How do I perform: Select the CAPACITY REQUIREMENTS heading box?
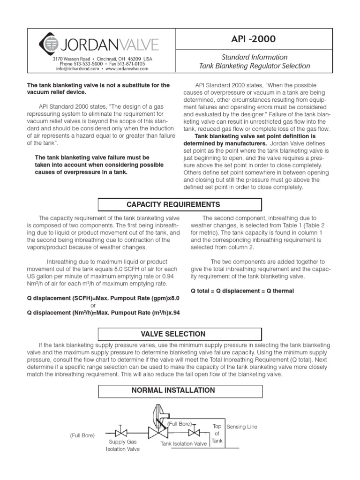[180, 205]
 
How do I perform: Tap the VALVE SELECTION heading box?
[180, 334]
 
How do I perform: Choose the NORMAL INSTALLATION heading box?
[180, 390]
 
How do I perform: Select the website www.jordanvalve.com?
[127, 68]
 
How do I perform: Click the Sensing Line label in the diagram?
[242, 427]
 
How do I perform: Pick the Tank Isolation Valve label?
[184, 443]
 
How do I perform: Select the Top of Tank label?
[217, 434]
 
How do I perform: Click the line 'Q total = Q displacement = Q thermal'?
[243, 291]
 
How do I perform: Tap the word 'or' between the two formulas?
[93, 305]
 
